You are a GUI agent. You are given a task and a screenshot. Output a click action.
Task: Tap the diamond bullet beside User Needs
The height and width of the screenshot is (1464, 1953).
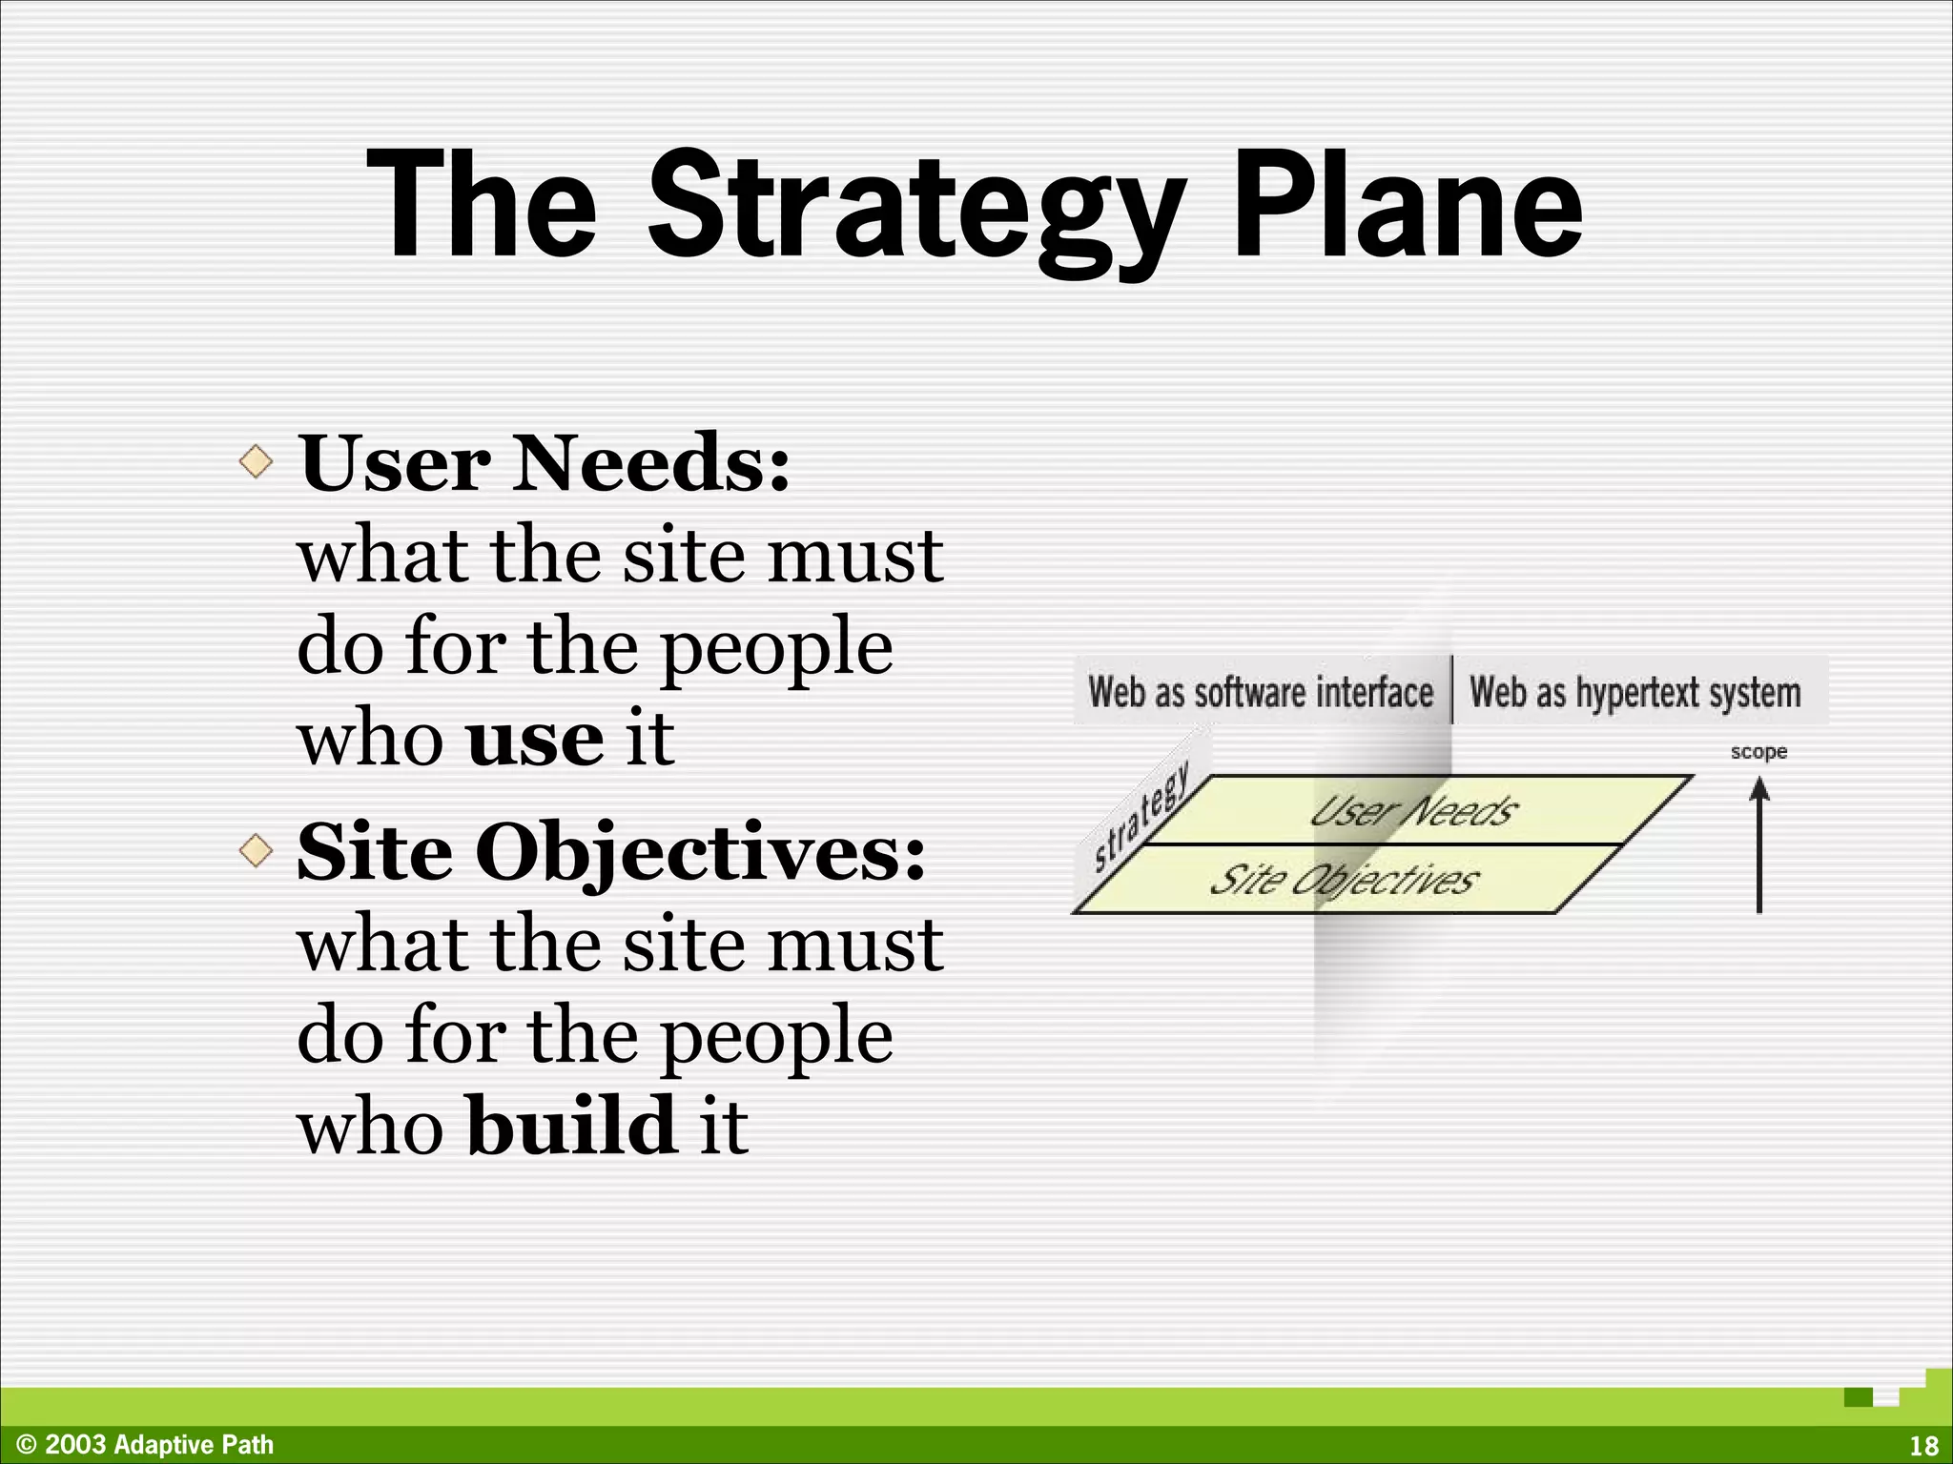point(256,462)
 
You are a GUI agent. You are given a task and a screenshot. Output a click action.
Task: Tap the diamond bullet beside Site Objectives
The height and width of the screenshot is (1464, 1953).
point(256,850)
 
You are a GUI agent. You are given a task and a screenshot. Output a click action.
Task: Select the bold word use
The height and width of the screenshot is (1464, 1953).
point(535,740)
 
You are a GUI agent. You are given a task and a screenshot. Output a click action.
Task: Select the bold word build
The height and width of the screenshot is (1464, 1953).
point(571,1126)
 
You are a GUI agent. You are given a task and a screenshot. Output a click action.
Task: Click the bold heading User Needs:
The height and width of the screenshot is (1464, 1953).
point(545,463)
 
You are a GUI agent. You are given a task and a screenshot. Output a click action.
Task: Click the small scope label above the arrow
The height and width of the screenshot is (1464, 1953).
point(1758,752)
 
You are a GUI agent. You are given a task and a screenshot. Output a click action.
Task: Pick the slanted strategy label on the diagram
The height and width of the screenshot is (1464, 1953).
point(1141,816)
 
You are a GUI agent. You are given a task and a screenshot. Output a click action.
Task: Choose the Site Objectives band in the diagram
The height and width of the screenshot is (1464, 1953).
point(1345,880)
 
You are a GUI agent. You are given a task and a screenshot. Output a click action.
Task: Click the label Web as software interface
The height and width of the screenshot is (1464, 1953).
point(1261,692)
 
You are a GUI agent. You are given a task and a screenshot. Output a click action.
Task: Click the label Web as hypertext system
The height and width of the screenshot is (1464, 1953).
point(1634,692)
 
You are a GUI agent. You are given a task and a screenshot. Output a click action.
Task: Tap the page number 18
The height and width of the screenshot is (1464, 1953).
point(1924,1445)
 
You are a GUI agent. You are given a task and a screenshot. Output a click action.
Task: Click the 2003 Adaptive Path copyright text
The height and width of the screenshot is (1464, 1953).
point(145,1445)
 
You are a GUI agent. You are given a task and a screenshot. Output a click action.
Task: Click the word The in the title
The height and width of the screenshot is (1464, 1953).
point(482,205)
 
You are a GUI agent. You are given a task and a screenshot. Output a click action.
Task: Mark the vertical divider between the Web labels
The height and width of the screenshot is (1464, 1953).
point(1452,689)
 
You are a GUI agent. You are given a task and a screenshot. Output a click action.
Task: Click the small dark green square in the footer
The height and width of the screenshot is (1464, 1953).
point(1858,1398)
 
